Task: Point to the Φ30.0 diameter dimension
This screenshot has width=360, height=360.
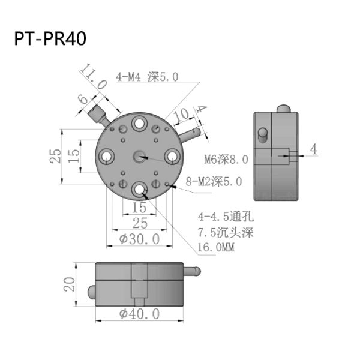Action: point(139,239)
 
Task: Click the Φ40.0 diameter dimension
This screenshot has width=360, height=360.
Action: point(139,314)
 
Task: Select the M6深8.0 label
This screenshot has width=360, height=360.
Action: point(225,160)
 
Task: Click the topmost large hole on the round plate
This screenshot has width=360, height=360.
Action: point(139,124)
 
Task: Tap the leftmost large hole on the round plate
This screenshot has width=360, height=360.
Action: point(107,157)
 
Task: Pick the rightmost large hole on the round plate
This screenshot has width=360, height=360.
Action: point(172,156)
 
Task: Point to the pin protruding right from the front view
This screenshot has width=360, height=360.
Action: point(193,272)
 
